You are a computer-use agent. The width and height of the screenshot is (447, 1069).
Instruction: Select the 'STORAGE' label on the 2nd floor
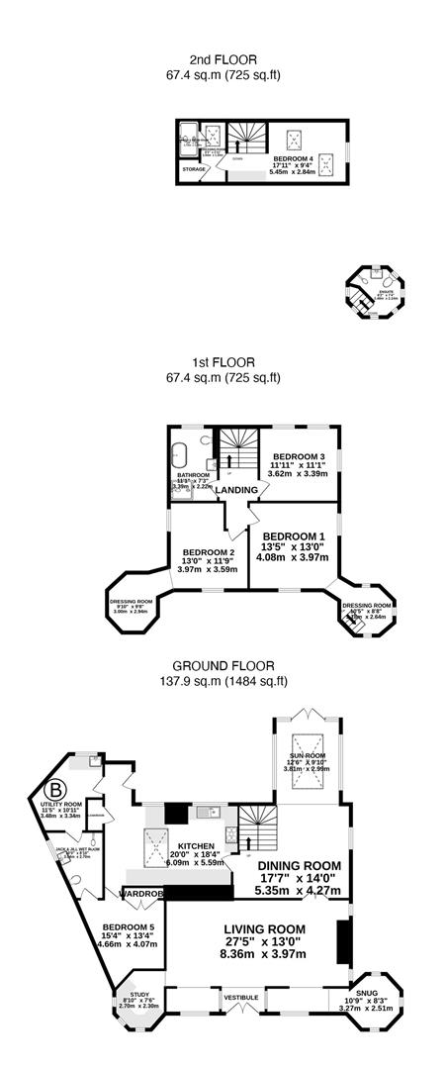pos(194,169)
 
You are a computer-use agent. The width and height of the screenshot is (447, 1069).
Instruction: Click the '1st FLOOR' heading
pos(223,363)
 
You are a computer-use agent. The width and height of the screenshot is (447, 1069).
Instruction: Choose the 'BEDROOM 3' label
pos(298,456)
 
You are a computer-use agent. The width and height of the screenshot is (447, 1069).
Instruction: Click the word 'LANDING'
pos(237,490)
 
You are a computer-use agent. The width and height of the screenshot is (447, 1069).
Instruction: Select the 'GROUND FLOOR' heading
pos(223,666)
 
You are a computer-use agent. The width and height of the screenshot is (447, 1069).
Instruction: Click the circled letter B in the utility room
pos(57,793)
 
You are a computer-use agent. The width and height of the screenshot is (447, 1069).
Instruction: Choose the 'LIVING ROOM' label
pos(263,928)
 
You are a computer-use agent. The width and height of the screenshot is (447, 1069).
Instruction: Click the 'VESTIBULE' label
pos(241,997)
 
